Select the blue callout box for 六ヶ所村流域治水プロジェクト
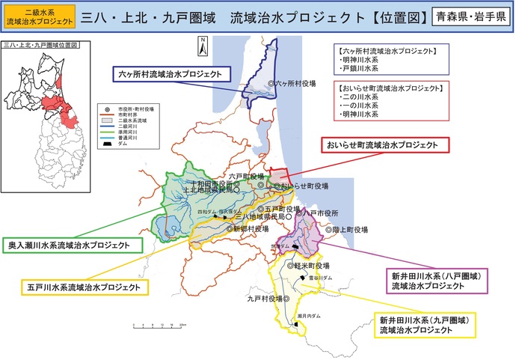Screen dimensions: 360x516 tap(173, 73)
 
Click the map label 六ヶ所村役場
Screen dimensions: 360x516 tap(293, 84)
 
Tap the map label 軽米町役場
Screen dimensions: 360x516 tap(311, 266)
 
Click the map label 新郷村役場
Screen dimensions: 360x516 tap(249, 229)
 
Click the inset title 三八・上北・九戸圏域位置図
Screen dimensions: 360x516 tap(41, 46)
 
